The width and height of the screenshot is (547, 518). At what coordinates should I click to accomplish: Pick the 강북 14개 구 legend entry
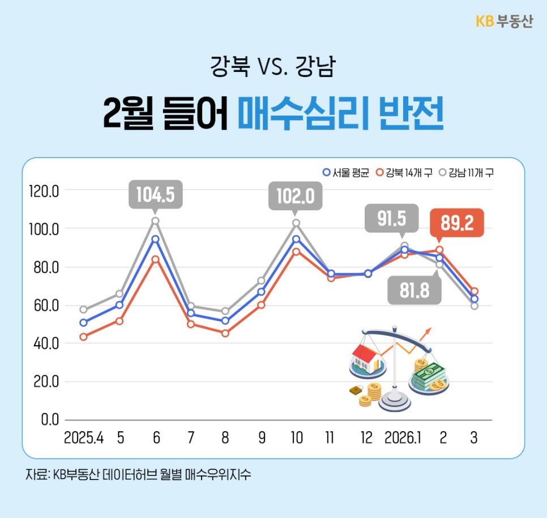[406, 172]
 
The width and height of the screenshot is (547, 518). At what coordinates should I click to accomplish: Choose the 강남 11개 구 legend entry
[467, 172]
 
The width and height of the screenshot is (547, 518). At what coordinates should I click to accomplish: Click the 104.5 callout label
[155, 196]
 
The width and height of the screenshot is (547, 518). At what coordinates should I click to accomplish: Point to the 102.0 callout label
[295, 196]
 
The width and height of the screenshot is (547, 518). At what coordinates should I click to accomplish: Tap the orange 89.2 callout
[456, 223]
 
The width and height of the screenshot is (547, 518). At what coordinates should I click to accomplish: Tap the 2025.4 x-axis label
[83, 438]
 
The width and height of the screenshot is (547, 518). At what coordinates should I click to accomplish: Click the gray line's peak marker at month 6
[155, 220]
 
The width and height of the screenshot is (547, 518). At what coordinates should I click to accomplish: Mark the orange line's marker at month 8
[225, 333]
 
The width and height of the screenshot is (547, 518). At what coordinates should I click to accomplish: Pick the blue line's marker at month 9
[261, 292]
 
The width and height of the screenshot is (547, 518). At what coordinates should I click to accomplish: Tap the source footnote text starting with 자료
[138, 474]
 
